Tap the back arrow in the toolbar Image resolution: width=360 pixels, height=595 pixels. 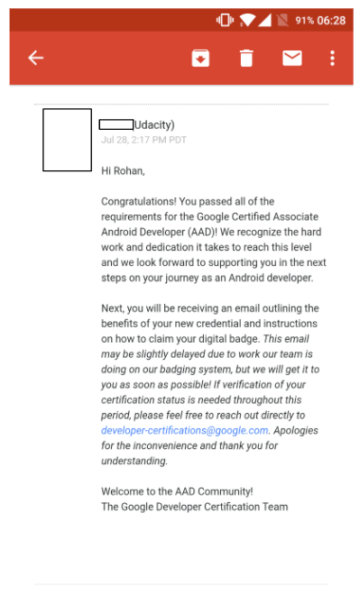click(35, 58)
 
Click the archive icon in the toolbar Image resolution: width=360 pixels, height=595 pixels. click(199, 58)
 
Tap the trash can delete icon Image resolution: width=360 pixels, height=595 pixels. click(245, 58)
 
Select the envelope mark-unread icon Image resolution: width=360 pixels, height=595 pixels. click(291, 58)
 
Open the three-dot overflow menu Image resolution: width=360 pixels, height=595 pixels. click(332, 58)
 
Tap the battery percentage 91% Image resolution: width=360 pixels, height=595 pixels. click(305, 20)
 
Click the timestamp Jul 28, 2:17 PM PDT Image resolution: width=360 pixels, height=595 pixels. click(143, 141)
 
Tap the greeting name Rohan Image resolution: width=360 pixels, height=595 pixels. click(129, 170)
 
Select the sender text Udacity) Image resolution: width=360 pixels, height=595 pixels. click(154, 124)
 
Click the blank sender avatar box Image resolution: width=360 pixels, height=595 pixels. click(67, 140)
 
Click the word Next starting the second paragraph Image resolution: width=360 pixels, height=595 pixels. click(113, 308)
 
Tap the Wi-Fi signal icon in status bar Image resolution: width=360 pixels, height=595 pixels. click(246, 20)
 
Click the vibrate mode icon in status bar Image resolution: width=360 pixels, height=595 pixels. click(224, 20)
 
